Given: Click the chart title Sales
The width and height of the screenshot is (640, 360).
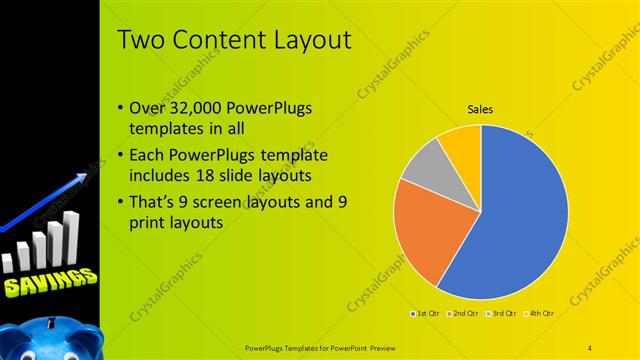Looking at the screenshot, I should (x=481, y=109).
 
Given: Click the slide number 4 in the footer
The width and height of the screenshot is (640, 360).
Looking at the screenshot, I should (x=590, y=347).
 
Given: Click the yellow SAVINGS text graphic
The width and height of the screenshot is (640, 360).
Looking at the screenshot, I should (x=48, y=284).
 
